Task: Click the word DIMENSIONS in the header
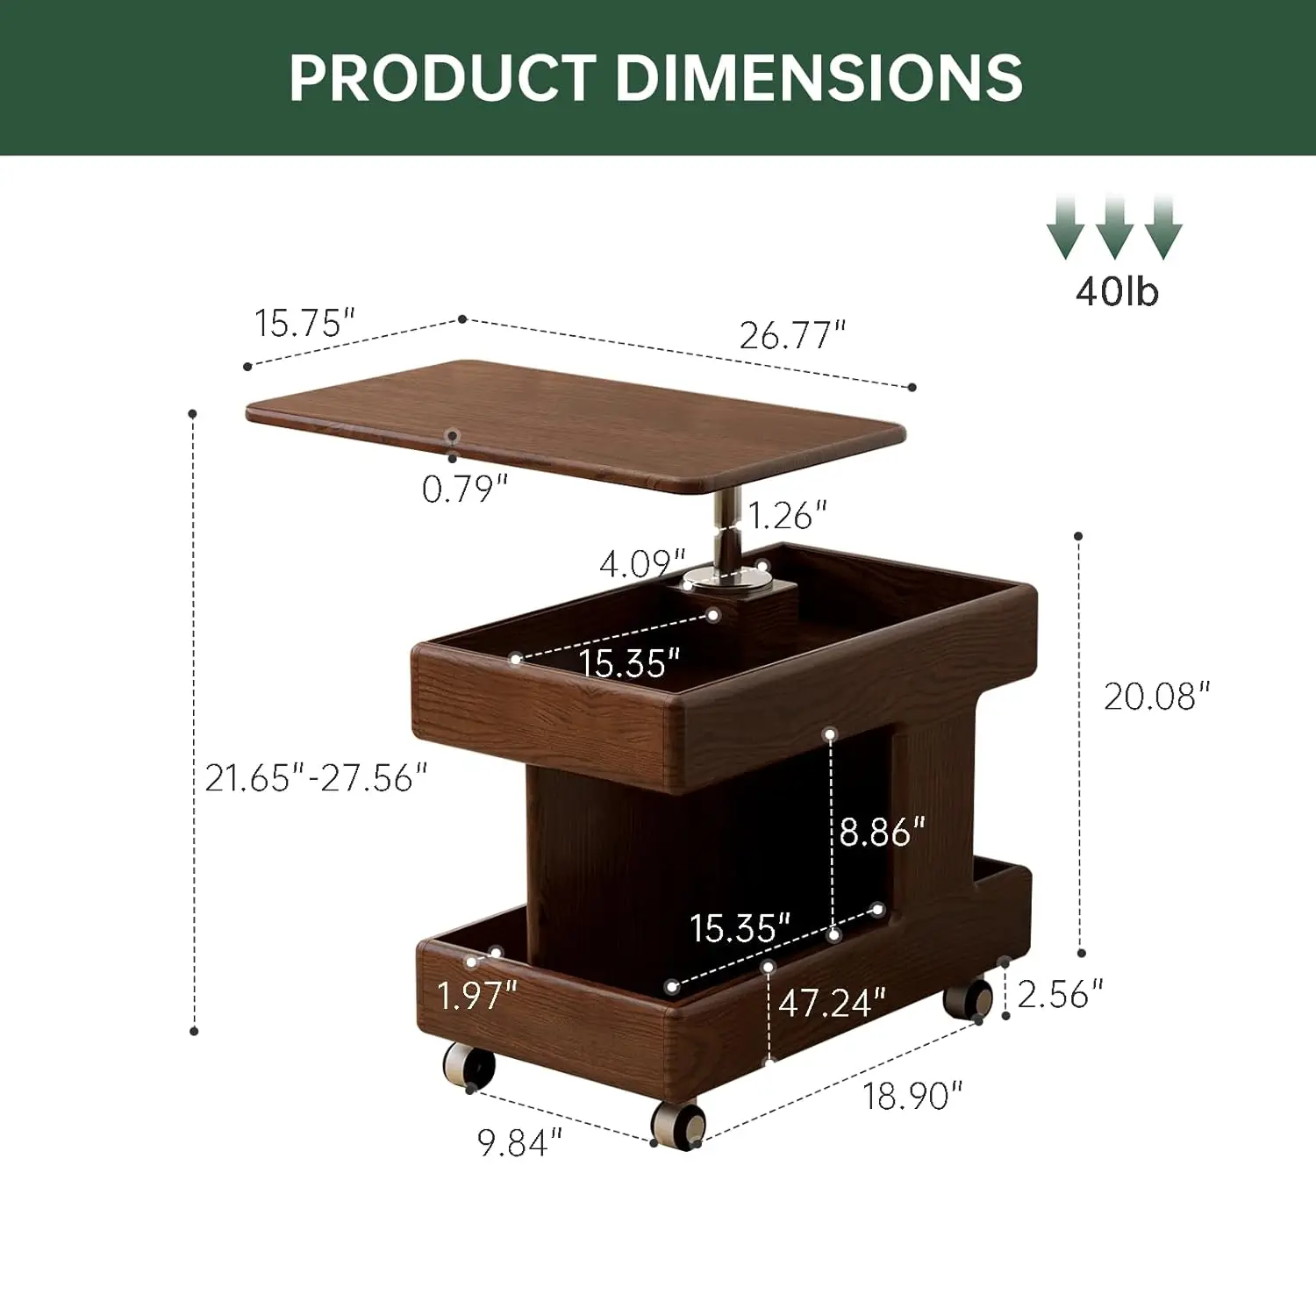point(819,77)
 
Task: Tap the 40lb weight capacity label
point(1117,290)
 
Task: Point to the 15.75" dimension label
point(304,323)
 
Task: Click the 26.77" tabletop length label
point(792,334)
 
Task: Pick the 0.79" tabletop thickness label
point(465,489)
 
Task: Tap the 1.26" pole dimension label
point(787,515)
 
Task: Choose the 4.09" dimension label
point(642,563)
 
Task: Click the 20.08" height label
point(1156,697)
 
